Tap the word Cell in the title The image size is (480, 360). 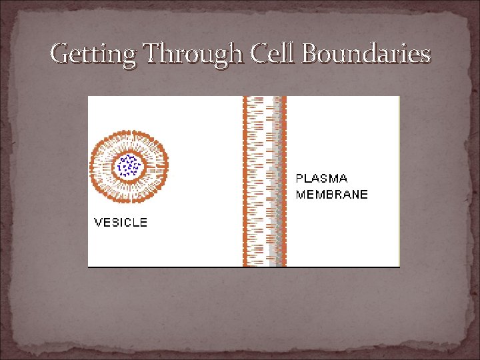click(x=274, y=53)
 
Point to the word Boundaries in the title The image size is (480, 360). click(x=366, y=53)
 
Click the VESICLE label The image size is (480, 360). click(x=121, y=222)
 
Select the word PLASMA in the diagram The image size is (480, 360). click(x=322, y=179)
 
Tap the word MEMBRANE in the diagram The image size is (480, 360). click(x=332, y=195)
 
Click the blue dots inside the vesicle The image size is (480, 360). click(x=127, y=165)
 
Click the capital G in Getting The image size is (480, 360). click(x=60, y=53)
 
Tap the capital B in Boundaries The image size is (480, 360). click(x=311, y=53)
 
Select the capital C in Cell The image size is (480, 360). click(x=259, y=53)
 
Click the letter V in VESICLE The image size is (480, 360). click(x=98, y=222)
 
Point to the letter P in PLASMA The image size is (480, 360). click(x=300, y=179)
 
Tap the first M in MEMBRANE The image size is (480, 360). click(x=301, y=195)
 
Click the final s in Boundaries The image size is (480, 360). click(x=425, y=55)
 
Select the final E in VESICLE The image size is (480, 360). click(x=143, y=222)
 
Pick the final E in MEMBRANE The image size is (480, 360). click(x=364, y=195)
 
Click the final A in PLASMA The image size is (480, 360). click(x=343, y=179)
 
